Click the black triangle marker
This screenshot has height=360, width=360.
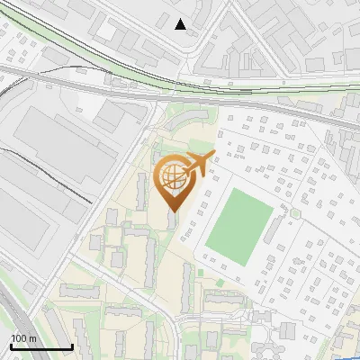point(181,24)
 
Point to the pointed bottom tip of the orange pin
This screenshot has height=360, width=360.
point(173,211)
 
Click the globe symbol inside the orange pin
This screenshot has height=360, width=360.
point(171,180)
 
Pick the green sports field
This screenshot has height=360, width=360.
point(239,221)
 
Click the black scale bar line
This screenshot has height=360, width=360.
point(41,347)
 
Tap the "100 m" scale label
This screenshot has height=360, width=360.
point(24,338)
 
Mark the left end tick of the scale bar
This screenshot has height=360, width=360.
point(11,346)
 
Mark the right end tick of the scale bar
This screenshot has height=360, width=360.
point(72,346)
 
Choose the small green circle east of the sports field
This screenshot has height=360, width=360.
point(294,213)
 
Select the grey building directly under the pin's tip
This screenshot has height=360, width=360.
point(173,220)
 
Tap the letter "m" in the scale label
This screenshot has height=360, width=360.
point(32,338)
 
